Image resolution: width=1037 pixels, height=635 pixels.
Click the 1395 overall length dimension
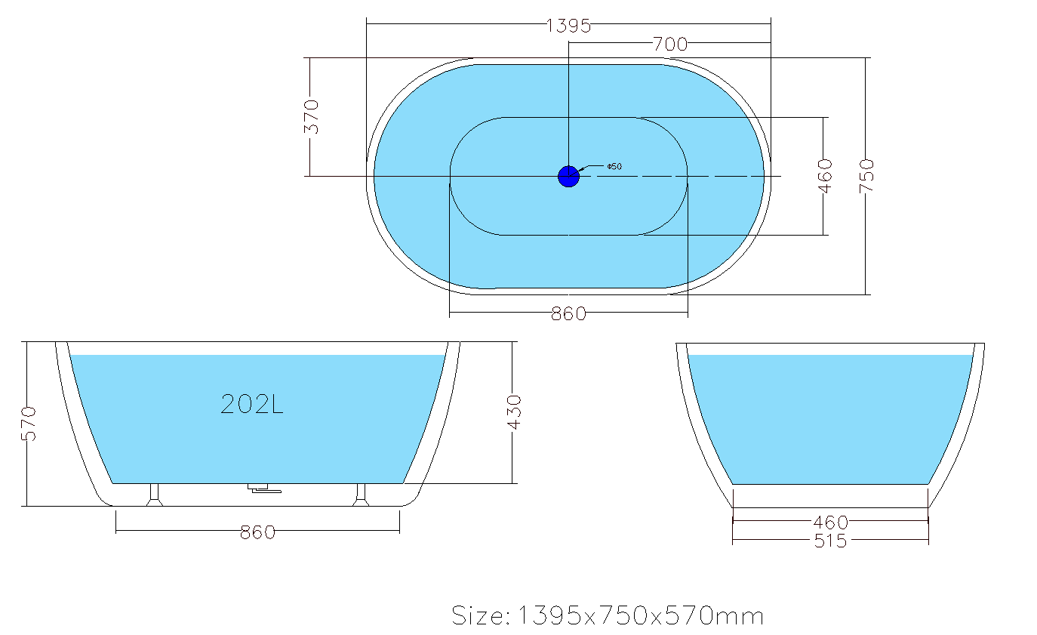coord(568,26)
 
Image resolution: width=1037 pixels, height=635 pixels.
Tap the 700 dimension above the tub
coord(670,45)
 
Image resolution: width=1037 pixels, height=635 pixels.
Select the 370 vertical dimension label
coord(312,116)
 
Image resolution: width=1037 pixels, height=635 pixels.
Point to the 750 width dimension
coord(866,176)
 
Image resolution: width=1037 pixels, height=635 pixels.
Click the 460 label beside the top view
coord(825,176)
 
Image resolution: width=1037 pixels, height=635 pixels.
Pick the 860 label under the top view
coord(568,314)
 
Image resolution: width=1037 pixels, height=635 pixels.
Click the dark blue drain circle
coord(568,177)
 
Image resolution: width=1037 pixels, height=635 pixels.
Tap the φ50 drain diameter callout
coord(614,166)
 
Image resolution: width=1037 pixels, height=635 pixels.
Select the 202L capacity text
coord(252,404)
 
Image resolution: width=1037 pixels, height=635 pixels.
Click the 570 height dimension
coord(29,424)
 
